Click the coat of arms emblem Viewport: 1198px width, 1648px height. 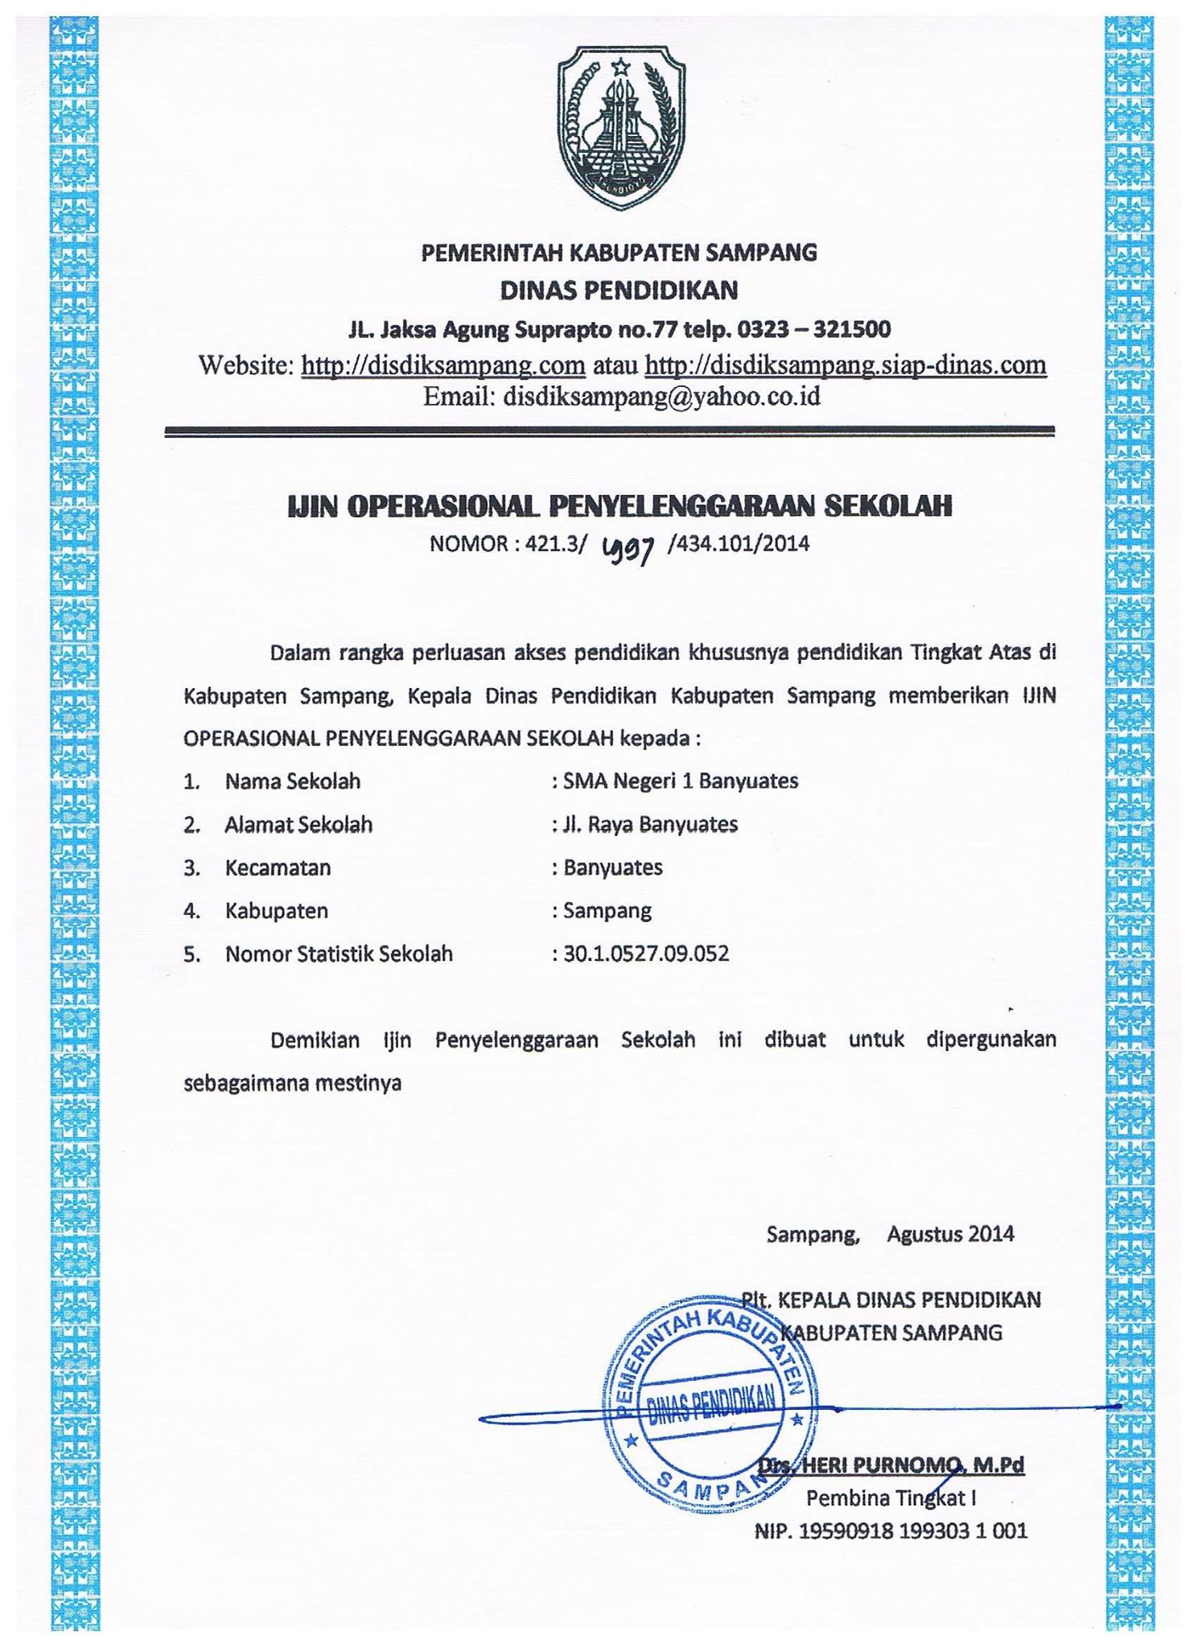pyautogui.click(x=620, y=127)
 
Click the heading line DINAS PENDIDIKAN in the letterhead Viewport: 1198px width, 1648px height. pyautogui.click(x=619, y=290)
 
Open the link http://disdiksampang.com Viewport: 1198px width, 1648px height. pyautogui.click(x=443, y=365)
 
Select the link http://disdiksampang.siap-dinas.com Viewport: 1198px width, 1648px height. pyautogui.click(x=845, y=365)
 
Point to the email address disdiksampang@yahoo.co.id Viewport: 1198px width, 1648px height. pyautogui.click(x=661, y=397)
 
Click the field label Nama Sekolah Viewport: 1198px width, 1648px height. pyautogui.click(x=292, y=781)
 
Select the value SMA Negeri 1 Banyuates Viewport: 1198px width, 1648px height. pyautogui.click(x=680, y=781)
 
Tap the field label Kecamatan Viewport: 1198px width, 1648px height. pyautogui.click(x=278, y=868)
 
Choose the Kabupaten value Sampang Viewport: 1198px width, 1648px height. pyautogui.click(x=607, y=911)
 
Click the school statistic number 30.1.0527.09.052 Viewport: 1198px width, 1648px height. pyautogui.click(x=646, y=954)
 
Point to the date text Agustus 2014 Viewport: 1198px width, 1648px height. pyautogui.click(x=949, y=1234)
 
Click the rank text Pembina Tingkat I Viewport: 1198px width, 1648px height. pyautogui.click(x=891, y=1498)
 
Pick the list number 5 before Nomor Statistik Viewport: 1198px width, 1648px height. pyautogui.click(x=191, y=955)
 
